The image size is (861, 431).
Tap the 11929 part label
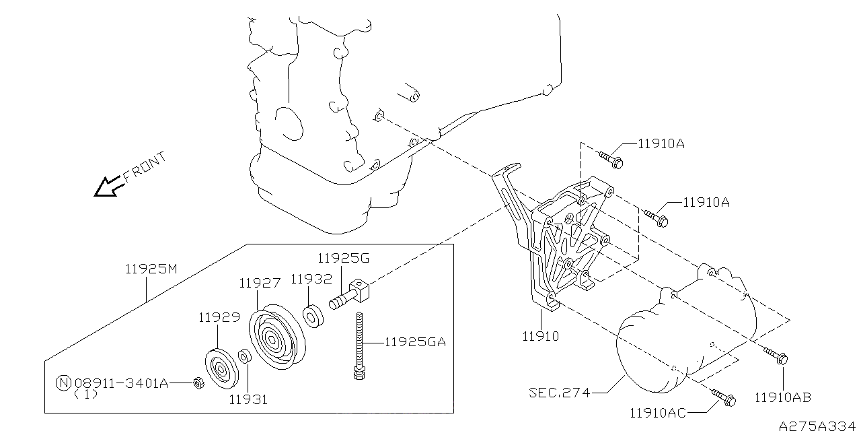pos(218,317)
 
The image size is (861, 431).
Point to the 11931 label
pos(248,399)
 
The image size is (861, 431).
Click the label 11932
pos(311,278)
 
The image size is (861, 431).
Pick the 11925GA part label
pos(415,342)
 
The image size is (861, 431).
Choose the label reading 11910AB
pos(783,397)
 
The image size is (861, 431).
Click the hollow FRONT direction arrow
pos(108,187)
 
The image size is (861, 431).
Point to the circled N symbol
pos(63,383)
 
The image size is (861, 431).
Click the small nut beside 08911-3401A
pos(199,383)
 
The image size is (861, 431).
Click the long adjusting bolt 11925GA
pos(361,343)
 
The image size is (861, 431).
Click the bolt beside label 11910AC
pos(723,397)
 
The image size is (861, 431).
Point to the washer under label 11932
pos(313,316)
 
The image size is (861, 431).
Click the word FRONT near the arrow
pos(145,168)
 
